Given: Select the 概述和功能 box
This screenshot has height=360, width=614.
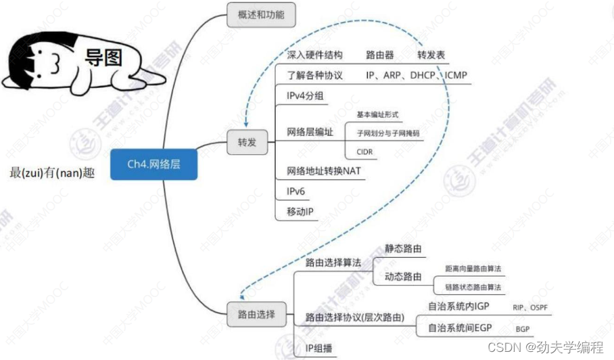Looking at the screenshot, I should pyautogui.click(x=261, y=14).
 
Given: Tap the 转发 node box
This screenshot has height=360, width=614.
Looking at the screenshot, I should pyautogui.click(x=247, y=143).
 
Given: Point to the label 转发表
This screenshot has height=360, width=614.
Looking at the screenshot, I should pyautogui.click(x=431, y=55).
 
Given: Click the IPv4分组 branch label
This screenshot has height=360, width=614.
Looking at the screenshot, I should pyautogui.click(x=306, y=95).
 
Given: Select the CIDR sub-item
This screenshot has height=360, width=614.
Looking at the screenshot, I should pyautogui.click(x=364, y=152).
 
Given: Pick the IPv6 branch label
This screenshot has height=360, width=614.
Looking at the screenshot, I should pyautogui.click(x=296, y=192).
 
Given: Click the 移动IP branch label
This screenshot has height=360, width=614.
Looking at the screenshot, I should pyautogui.click(x=300, y=212).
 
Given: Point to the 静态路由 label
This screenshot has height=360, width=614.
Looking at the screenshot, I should pyautogui.click(x=403, y=248).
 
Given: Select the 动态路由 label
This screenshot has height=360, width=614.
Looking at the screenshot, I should pyautogui.click(x=403, y=277).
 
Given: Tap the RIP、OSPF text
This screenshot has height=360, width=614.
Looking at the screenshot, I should pyautogui.click(x=530, y=307).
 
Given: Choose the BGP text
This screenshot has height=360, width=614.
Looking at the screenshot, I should pyautogui.click(x=523, y=329).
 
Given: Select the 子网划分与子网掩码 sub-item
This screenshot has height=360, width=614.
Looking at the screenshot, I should pyautogui.click(x=387, y=133).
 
